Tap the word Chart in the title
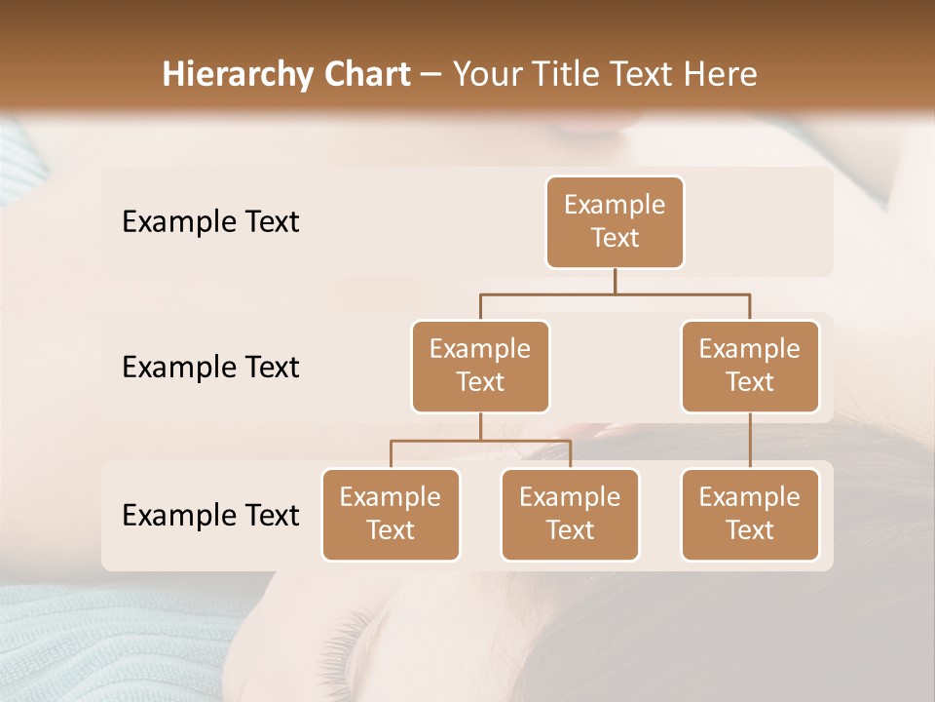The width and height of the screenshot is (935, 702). pyautogui.click(x=366, y=74)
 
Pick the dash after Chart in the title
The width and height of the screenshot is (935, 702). pyautogui.click(x=431, y=76)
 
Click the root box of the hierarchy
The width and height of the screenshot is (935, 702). pyautogui.click(x=615, y=222)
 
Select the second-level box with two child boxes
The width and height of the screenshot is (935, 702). pyautogui.click(x=480, y=366)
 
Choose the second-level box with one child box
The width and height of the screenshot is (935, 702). pyautogui.click(x=750, y=366)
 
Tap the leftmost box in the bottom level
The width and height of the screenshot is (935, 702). pyautogui.click(x=391, y=515)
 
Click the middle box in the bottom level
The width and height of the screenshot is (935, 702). pyautogui.click(x=570, y=515)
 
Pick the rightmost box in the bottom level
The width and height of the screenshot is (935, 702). pyautogui.click(x=750, y=515)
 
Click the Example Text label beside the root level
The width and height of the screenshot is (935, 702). pyautogui.click(x=210, y=222)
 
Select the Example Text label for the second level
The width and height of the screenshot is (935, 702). pyautogui.click(x=210, y=368)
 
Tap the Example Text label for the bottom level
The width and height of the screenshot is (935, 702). pyautogui.click(x=210, y=516)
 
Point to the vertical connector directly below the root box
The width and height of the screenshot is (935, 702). pyautogui.click(x=615, y=281)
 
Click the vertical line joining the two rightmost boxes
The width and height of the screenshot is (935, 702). pyautogui.click(x=750, y=441)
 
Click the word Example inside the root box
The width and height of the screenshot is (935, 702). pyautogui.click(x=615, y=206)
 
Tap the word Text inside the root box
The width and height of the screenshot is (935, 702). pyautogui.click(x=615, y=239)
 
